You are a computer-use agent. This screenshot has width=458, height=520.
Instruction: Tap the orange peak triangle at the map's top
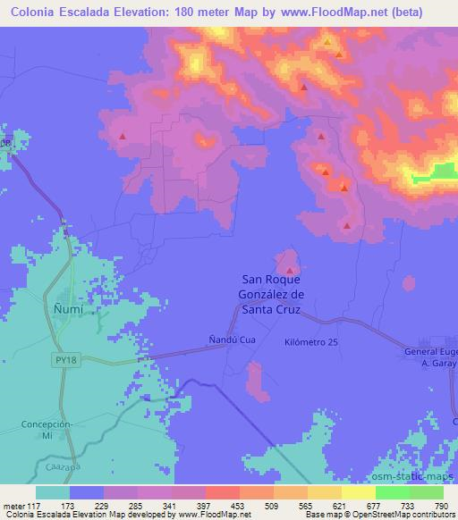pos(328,41)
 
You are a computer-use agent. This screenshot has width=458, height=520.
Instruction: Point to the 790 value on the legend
pos(440,507)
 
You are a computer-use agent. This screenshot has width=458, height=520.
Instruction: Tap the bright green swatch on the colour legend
pos(392,493)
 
